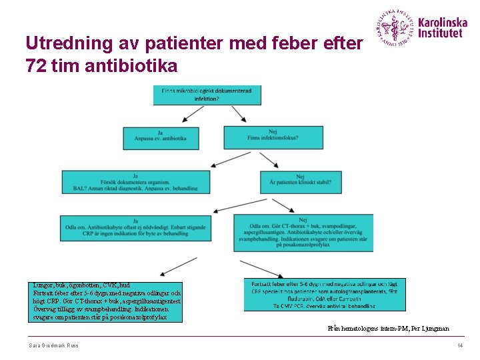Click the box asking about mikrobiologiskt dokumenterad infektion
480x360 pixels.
[207, 95]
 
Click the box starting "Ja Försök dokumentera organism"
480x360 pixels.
[135, 182]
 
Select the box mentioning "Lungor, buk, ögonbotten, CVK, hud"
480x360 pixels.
[106, 301]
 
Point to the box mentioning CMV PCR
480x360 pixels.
[324, 294]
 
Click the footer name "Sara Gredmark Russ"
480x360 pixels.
[54, 345]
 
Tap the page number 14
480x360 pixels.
[459, 345]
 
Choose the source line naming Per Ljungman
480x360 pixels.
[388, 329]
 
